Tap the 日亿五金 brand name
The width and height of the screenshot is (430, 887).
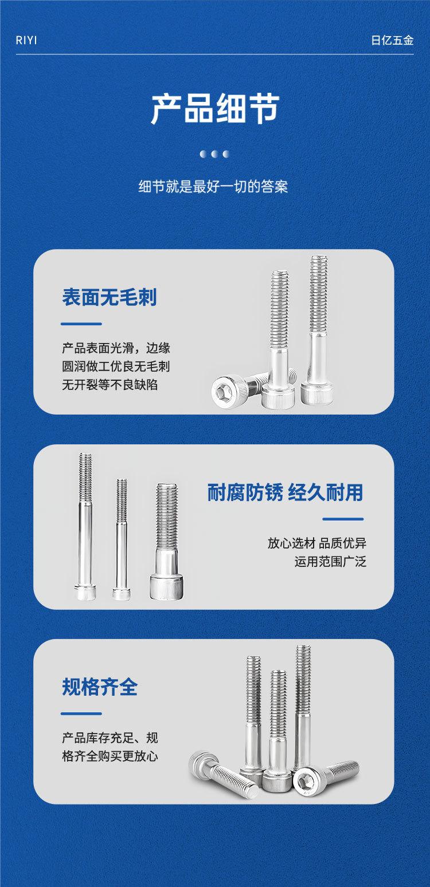(392, 41)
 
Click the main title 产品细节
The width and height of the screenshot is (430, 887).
(215, 109)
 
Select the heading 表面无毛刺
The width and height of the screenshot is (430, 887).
(109, 297)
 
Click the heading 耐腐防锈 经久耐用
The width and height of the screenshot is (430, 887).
(286, 492)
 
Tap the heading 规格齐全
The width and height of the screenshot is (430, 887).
(100, 687)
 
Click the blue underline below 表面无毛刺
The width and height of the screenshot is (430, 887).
(81, 324)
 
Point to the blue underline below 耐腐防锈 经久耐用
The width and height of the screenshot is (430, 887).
(343, 519)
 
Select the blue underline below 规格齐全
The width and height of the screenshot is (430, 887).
(81, 713)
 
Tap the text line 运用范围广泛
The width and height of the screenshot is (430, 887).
(330, 562)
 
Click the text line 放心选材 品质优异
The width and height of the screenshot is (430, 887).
(317, 543)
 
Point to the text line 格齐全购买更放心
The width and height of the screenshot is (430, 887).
(110, 756)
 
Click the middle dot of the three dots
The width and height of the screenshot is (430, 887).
(215, 153)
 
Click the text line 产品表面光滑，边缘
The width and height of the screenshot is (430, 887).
(116, 348)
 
